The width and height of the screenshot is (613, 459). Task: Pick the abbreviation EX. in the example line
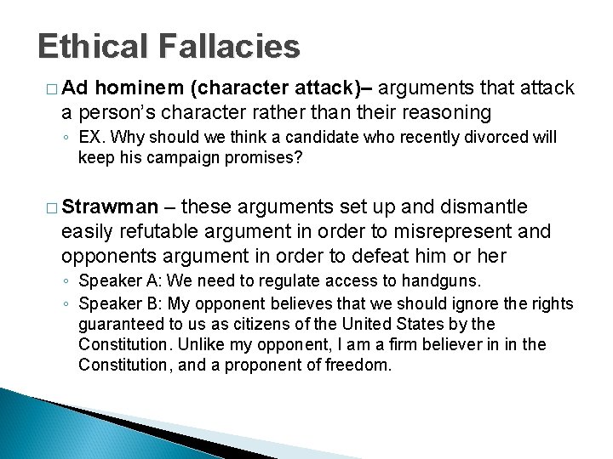click(x=89, y=138)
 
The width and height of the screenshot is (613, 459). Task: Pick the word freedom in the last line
click(x=361, y=365)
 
